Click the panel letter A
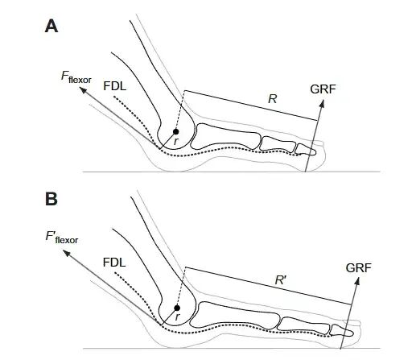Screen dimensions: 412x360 51,27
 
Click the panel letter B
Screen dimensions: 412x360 51,199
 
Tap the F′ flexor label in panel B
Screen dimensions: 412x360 62,238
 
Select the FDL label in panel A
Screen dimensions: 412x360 115,86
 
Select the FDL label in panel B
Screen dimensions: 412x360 114,262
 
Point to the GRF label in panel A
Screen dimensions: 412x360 323,89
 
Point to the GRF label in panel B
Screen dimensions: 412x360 359,267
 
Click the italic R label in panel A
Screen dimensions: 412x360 272,99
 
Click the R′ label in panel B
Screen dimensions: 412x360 281,280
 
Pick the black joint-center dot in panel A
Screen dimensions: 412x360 175,131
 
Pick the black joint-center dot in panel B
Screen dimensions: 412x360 177,308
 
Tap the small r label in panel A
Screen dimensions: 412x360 175,141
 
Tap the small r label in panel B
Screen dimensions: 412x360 177,317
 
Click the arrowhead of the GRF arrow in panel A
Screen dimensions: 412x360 322,103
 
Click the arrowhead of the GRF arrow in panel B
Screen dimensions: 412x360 357,282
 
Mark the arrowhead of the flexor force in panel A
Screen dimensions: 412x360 84,90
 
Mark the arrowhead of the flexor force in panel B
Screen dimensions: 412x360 66,253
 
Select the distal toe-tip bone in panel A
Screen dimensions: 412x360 306,149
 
